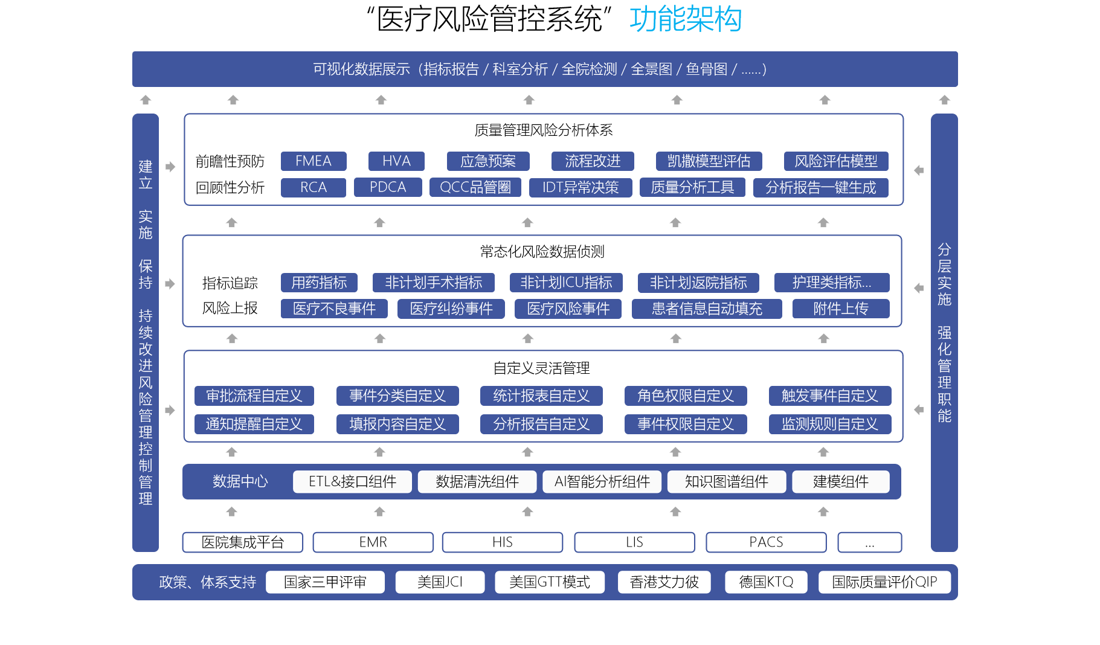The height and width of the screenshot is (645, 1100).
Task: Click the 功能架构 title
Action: [685, 19]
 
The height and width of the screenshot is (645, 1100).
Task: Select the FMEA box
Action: [314, 161]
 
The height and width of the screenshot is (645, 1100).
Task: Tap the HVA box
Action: [396, 161]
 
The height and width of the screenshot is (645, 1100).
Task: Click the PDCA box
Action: [388, 187]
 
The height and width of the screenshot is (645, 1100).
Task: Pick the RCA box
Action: [314, 187]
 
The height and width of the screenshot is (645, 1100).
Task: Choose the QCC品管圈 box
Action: [475, 187]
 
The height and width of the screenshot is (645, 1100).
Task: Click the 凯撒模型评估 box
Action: [709, 161]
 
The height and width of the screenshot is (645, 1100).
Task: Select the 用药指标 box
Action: [319, 283]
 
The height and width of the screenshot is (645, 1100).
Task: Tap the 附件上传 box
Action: [841, 309]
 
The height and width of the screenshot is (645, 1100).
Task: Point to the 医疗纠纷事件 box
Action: [451, 309]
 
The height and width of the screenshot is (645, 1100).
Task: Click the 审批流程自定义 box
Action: [254, 396]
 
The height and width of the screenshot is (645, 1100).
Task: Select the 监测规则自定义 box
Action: [829, 424]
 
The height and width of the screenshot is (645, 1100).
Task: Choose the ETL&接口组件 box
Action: [352, 481]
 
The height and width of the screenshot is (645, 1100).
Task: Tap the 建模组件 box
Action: [840, 481]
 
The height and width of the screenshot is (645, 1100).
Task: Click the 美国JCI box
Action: [440, 582]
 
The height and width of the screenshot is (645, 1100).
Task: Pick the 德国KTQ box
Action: [766, 582]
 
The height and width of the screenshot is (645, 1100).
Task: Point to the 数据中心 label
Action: [240, 481]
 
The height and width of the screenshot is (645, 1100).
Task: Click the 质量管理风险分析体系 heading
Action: [544, 130]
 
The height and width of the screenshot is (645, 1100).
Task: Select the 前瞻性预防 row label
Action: [230, 161]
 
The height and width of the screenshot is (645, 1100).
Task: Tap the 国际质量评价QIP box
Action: [884, 582]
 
